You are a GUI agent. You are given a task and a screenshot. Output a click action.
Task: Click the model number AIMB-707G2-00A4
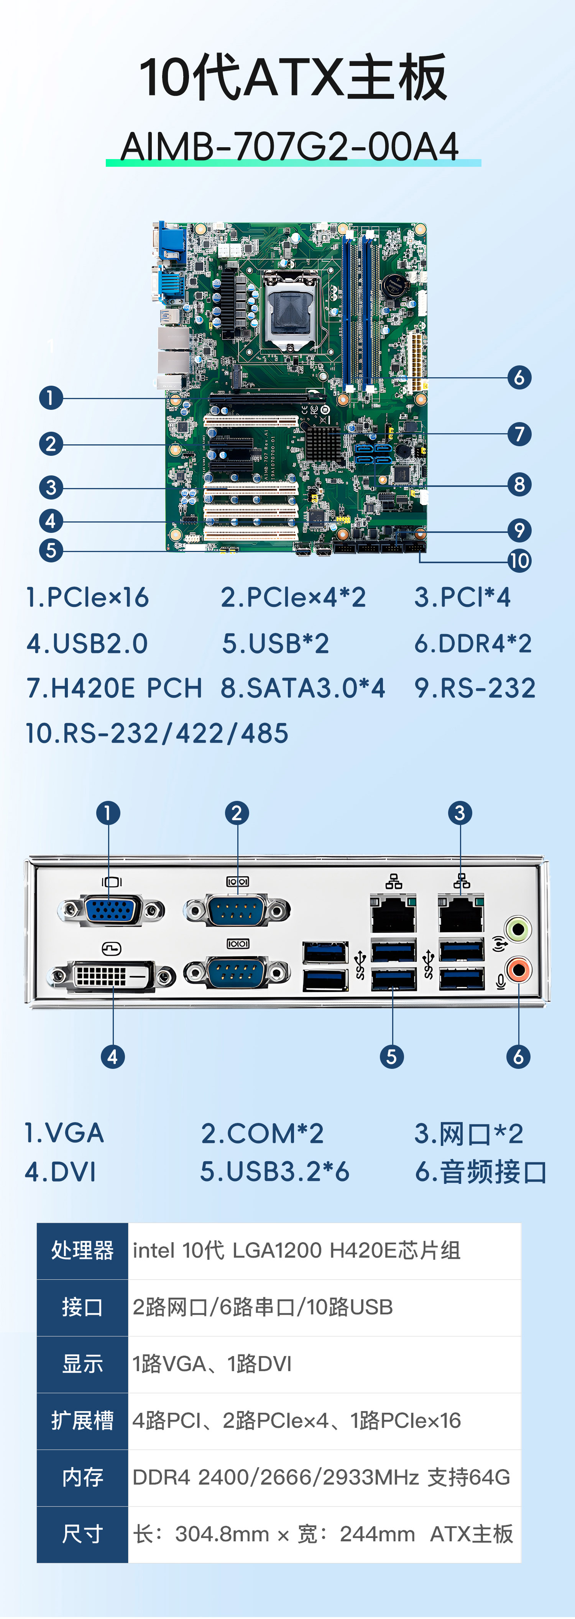click(x=290, y=146)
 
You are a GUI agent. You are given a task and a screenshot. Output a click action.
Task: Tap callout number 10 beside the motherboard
click(x=519, y=560)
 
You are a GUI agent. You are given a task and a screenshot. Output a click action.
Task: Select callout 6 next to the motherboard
click(x=519, y=378)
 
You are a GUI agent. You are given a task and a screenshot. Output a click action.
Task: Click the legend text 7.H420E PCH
click(x=114, y=688)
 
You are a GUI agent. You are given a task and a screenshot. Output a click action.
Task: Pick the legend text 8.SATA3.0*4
click(x=302, y=688)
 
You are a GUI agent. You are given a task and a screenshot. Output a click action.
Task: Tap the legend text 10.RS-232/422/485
click(x=157, y=733)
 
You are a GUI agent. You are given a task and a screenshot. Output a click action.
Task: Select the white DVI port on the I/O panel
click(x=112, y=976)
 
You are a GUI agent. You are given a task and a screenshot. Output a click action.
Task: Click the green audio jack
click(x=518, y=928)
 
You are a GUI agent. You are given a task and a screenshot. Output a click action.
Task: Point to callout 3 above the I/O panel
click(x=460, y=813)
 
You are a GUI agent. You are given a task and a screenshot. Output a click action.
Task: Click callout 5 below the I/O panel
click(x=391, y=1057)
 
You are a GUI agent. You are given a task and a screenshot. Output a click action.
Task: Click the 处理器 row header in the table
click(x=82, y=1251)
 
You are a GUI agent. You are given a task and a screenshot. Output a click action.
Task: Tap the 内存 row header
click(x=82, y=1477)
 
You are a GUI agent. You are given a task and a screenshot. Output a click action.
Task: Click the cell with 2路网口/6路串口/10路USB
click(x=263, y=1307)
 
